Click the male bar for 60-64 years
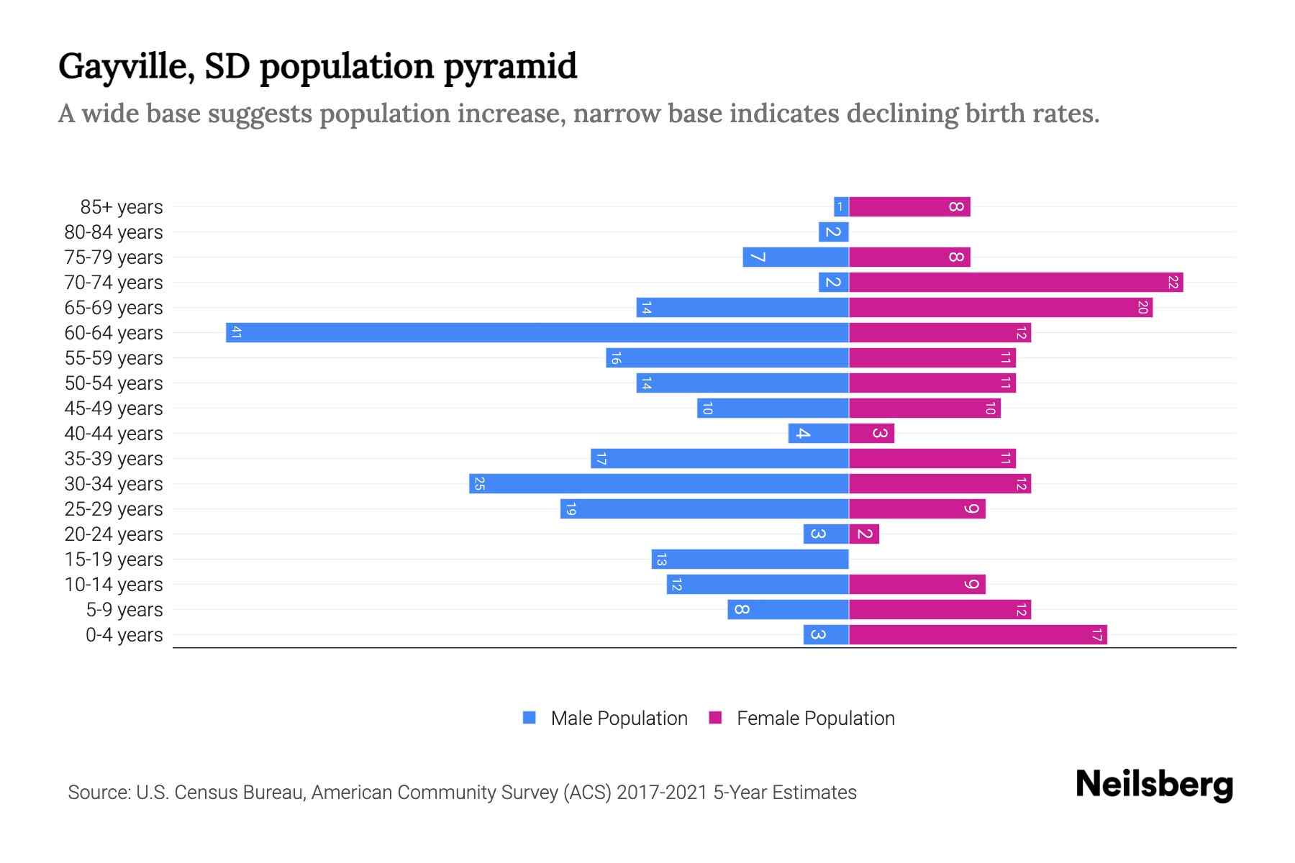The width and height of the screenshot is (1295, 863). (x=537, y=332)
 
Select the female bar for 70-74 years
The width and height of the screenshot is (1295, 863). (x=1016, y=282)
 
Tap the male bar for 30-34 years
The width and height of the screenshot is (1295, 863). (x=659, y=483)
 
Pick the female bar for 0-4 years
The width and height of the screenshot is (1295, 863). (x=978, y=634)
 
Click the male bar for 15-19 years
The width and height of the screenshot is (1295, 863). (x=750, y=559)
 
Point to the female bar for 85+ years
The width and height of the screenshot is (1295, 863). (x=909, y=206)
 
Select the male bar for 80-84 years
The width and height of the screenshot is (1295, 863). (x=834, y=232)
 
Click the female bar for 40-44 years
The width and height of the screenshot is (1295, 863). (x=871, y=433)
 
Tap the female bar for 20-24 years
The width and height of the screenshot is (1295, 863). (x=864, y=534)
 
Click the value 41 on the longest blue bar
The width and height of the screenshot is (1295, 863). (x=236, y=332)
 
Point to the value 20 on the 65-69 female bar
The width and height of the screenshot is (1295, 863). (x=1142, y=307)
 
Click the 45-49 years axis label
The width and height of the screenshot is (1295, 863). (x=114, y=408)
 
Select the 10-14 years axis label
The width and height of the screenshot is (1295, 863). (x=114, y=584)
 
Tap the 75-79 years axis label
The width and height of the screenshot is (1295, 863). (x=114, y=257)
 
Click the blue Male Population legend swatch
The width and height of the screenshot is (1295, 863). (x=530, y=718)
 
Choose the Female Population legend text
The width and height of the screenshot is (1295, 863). (x=815, y=718)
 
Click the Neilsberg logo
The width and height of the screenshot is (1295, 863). (x=1154, y=784)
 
